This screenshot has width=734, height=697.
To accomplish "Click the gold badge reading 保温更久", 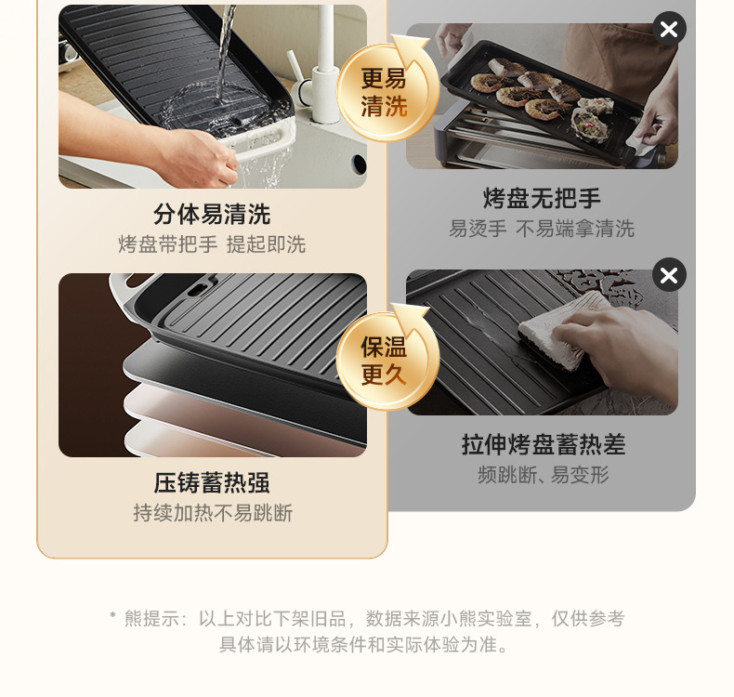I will click(385, 361).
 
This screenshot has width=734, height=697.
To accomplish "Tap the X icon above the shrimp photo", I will click(669, 29).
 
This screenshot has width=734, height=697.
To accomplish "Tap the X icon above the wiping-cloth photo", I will click(669, 275).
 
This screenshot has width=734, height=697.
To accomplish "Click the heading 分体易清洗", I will click(212, 215).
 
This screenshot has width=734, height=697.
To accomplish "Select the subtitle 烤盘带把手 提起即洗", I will click(212, 244).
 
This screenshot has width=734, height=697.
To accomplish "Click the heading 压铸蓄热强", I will click(212, 483).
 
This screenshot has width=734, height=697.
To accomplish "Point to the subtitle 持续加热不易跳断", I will click(212, 513).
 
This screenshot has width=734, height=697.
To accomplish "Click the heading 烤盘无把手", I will click(542, 198).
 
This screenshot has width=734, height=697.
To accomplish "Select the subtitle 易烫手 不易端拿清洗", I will click(542, 229).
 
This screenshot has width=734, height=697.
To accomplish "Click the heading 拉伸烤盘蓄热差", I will click(543, 444).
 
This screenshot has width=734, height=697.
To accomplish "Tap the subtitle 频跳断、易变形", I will click(543, 475).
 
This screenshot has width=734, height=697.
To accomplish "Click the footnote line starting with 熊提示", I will click(366, 618).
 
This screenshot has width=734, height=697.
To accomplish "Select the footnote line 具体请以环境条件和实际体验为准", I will click(366, 644).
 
